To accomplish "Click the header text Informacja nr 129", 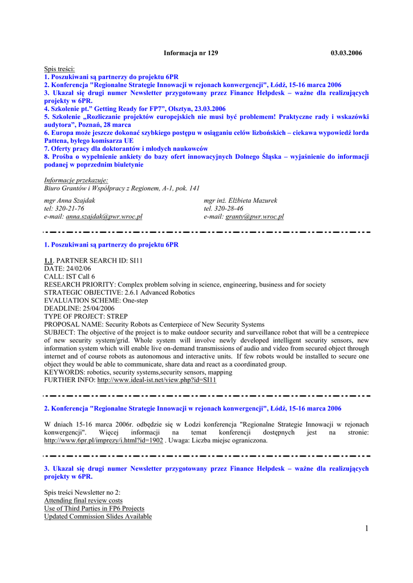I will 191,53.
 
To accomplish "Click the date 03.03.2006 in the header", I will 346,53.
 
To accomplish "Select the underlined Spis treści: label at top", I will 59,69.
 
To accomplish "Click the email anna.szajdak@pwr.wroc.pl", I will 104,217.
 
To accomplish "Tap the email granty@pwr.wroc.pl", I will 254,217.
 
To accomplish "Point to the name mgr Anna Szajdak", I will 70,200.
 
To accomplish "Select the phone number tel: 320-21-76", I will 64,209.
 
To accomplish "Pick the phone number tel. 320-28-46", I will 224,209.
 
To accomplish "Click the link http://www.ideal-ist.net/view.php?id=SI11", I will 157,380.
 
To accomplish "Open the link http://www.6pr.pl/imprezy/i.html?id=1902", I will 103,440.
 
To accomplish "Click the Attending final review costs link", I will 83,500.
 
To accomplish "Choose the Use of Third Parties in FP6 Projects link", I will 94,508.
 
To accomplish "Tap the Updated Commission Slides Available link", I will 98,516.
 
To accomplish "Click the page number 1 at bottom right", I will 366,529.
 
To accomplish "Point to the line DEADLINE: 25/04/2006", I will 79,309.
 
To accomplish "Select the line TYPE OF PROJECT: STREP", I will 86,317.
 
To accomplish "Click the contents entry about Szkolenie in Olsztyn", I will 135,109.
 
